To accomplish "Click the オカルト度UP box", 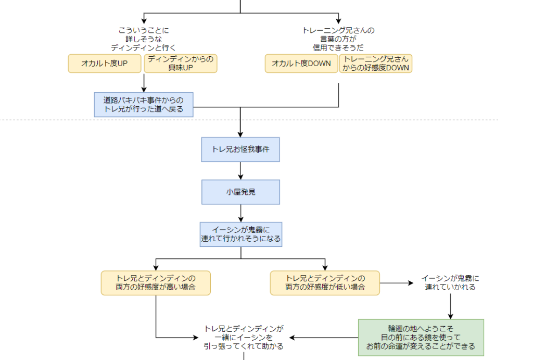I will pyautogui.click(x=105, y=64).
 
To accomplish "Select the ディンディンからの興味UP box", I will pyautogui.click(x=180, y=64).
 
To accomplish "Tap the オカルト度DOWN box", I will pyautogui.click(x=301, y=64).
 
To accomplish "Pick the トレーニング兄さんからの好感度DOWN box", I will pyautogui.click(x=376, y=64).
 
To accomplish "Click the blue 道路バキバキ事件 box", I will pyautogui.click(x=144, y=105).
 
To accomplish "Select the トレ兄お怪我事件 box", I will pyautogui.click(x=240, y=150).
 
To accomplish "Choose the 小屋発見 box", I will pyautogui.click(x=240, y=192).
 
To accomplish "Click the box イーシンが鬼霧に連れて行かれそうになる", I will pyautogui.click(x=240, y=234).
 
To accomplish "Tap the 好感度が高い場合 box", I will pyautogui.click(x=156, y=283).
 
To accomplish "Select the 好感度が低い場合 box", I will pyautogui.click(x=325, y=283).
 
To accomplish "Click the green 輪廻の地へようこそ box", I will pyautogui.click(x=421, y=338).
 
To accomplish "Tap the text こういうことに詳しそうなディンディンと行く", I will pyautogui.click(x=144, y=39).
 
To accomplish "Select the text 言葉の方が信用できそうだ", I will pyautogui.click(x=338, y=39).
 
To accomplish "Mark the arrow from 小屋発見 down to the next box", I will pyautogui.click(x=240, y=213).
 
